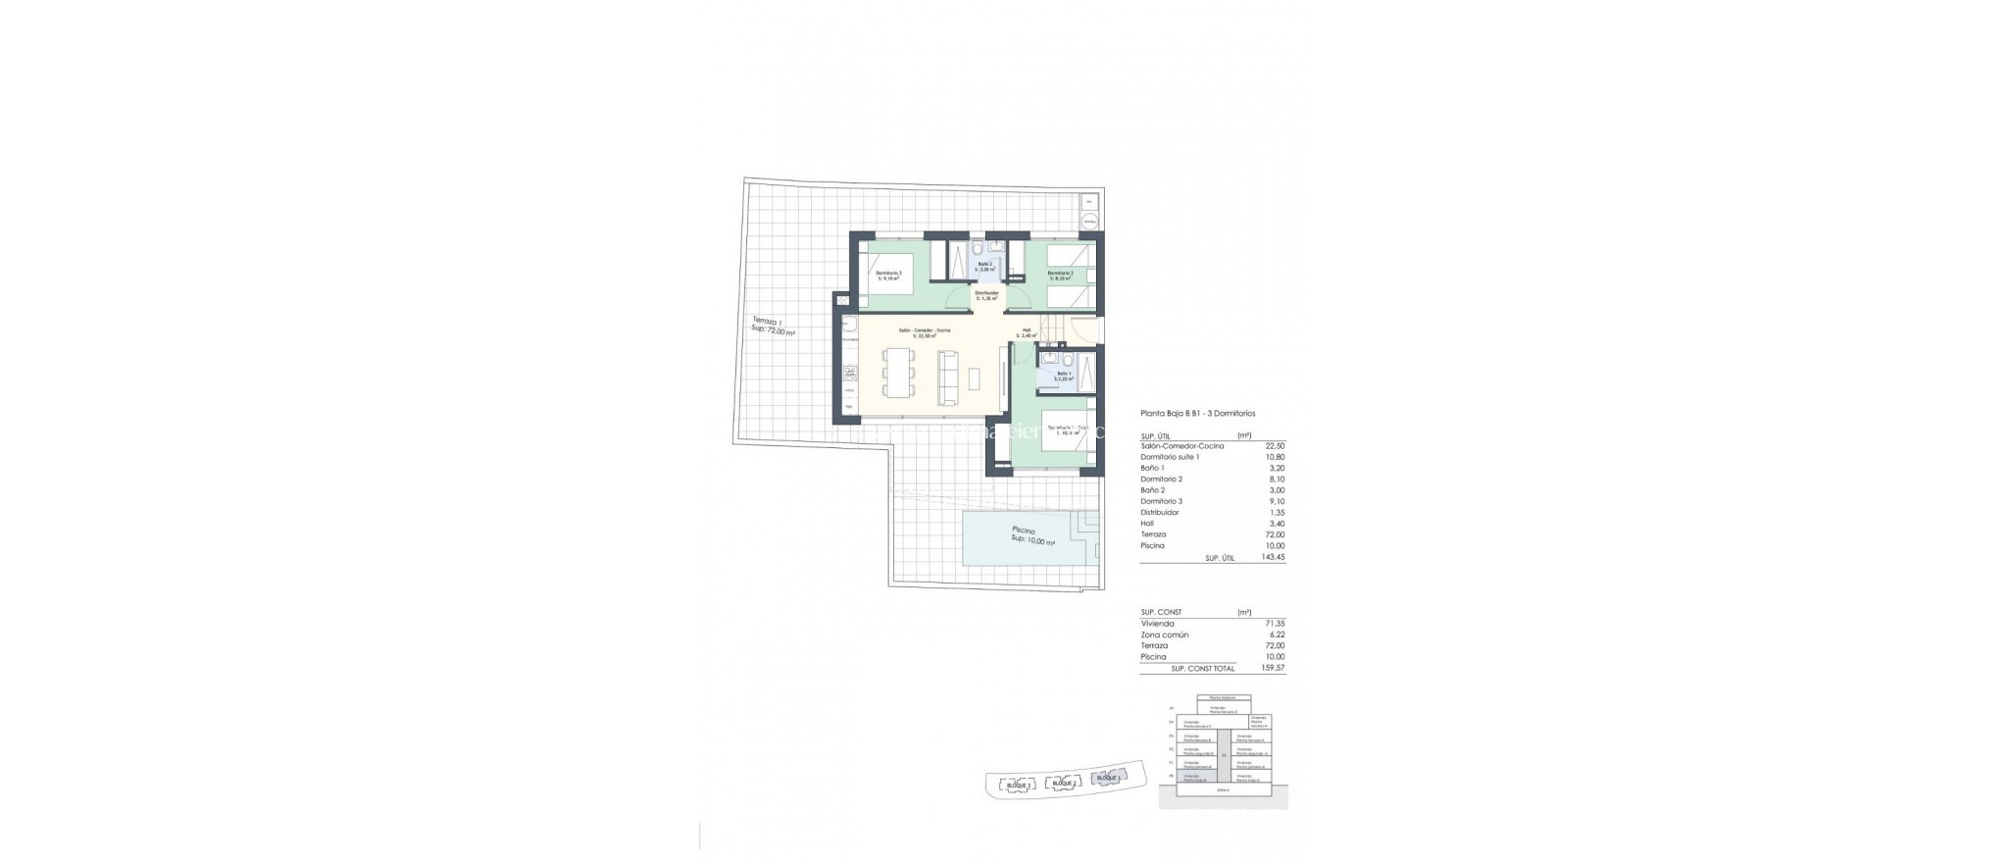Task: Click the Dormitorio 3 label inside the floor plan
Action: pyautogui.click(x=202, y=275)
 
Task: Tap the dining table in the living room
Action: pyautogui.click(x=213, y=373)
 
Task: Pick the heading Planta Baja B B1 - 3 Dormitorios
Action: pyautogui.click(x=1198, y=414)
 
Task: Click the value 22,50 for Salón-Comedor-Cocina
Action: pyautogui.click(x=1275, y=446)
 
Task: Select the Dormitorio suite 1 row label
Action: pyautogui.click(x=1170, y=457)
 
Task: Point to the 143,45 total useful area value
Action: pyautogui.click(x=1274, y=557)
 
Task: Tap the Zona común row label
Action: pyautogui.click(x=1165, y=635)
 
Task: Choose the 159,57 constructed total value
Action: pyautogui.click(x=1274, y=668)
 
